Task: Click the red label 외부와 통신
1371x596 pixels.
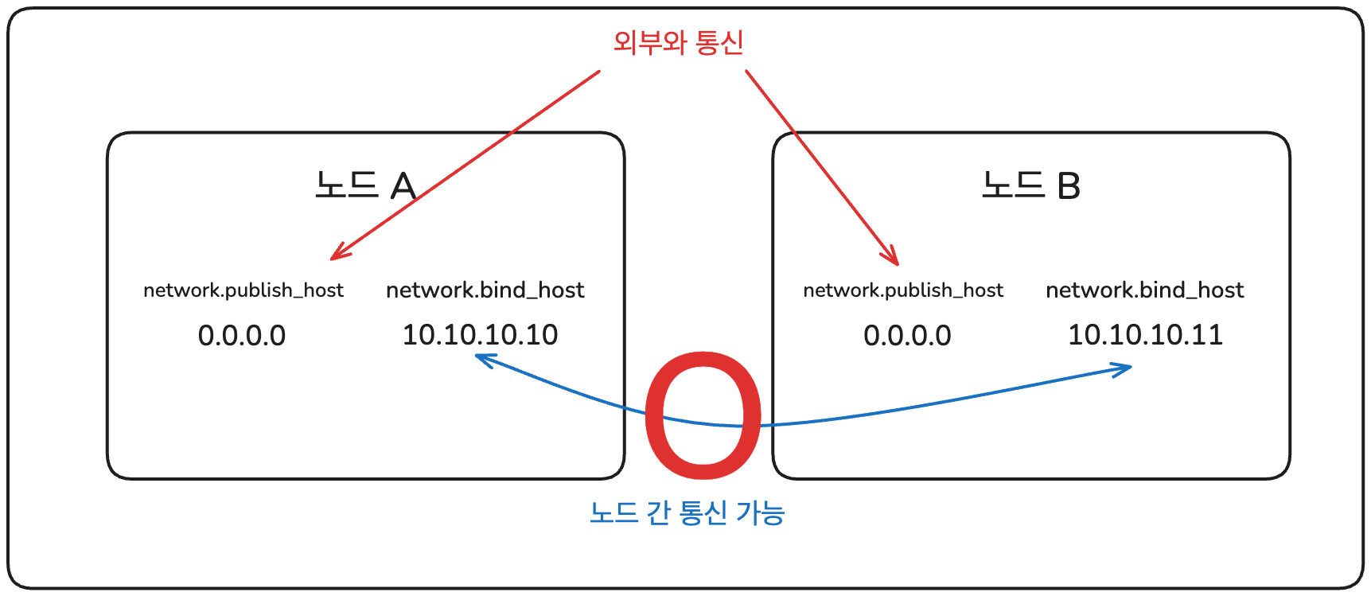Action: click(x=678, y=42)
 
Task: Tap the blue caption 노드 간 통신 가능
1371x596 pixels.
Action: click(x=687, y=512)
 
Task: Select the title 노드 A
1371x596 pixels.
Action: click(x=365, y=186)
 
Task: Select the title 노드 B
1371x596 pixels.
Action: click(x=1030, y=186)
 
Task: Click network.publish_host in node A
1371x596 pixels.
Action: click(x=243, y=290)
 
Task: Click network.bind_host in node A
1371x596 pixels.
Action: click(x=485, y=290)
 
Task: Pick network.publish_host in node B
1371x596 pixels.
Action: click(x=903, y=290)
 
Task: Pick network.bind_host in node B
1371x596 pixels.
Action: click(x=1144, y=290)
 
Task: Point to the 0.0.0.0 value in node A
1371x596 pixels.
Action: click(x=242, y=336)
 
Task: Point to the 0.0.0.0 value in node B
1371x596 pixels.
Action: click(x=907, y=336)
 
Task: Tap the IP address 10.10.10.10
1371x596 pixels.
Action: click(x=480, y=335)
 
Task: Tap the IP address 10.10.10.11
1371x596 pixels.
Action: click(x=1145, y=335)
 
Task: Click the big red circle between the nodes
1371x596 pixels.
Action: click(x=703, y=415)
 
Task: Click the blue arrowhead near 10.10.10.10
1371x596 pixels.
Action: click(x=481, y=359)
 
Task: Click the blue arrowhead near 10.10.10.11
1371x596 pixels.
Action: click(x=1126, y=369)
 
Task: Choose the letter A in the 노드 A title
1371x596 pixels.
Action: click(x=403, y=186)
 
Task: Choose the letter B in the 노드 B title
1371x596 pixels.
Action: click(x=1069, y=186)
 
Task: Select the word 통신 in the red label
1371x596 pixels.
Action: click(x=719, y=42)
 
